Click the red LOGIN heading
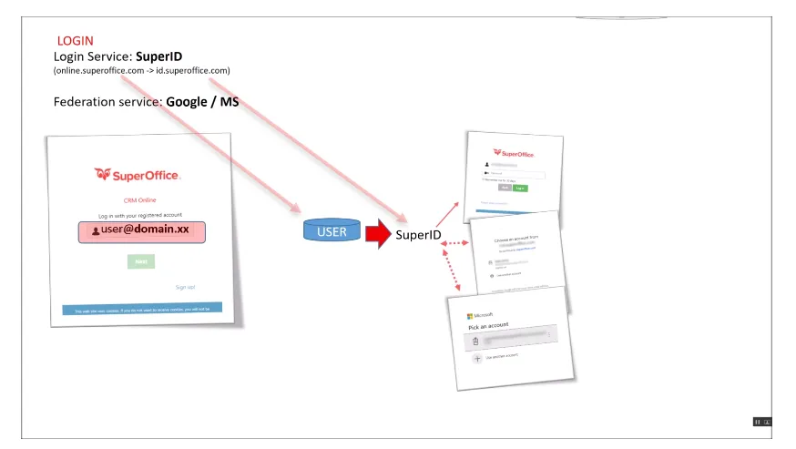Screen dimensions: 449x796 75,41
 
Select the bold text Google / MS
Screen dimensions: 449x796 202,102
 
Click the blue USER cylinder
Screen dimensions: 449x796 332,231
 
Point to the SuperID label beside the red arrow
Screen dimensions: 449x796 418,235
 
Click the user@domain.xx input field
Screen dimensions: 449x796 141,231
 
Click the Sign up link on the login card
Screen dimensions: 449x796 185,287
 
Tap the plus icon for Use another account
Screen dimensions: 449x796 476,359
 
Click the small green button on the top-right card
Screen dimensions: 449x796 520,189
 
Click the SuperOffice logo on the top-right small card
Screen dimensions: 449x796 514,153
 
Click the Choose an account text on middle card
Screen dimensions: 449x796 516,238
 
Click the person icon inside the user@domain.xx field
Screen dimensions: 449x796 96,231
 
